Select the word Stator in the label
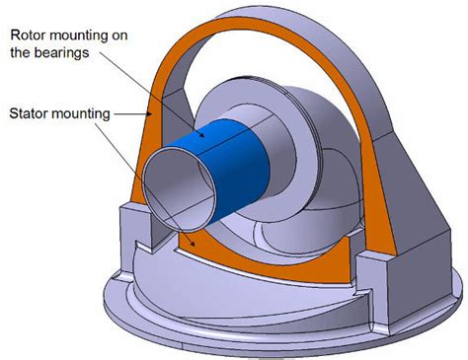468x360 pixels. (x=31, y=113)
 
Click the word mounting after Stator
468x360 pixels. (x=86, y=113)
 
